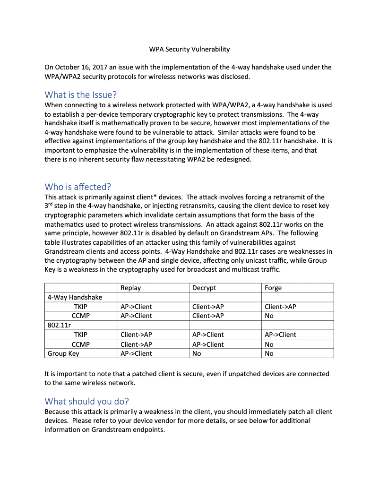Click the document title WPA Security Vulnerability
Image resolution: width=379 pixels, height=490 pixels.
[189, 49]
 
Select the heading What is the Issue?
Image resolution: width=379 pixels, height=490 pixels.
[80, 94]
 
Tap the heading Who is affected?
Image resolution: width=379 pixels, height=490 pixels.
[78, 186]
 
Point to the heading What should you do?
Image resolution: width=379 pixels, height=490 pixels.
[86, 401]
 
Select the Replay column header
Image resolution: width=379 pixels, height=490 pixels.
[131, 288]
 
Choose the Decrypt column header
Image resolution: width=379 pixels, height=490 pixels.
[204, 288]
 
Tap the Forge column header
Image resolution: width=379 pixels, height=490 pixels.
[273, 288]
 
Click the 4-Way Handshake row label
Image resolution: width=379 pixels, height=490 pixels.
[75, 297]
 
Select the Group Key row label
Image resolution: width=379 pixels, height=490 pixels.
[63, 353]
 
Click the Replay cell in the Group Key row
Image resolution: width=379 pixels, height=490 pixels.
[136, 353]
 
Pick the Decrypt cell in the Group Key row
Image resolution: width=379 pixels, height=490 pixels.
[197, 353]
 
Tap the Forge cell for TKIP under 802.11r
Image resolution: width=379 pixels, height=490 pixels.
[280, 335]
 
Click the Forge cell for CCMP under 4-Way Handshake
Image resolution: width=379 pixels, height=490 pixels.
[269, 316]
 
